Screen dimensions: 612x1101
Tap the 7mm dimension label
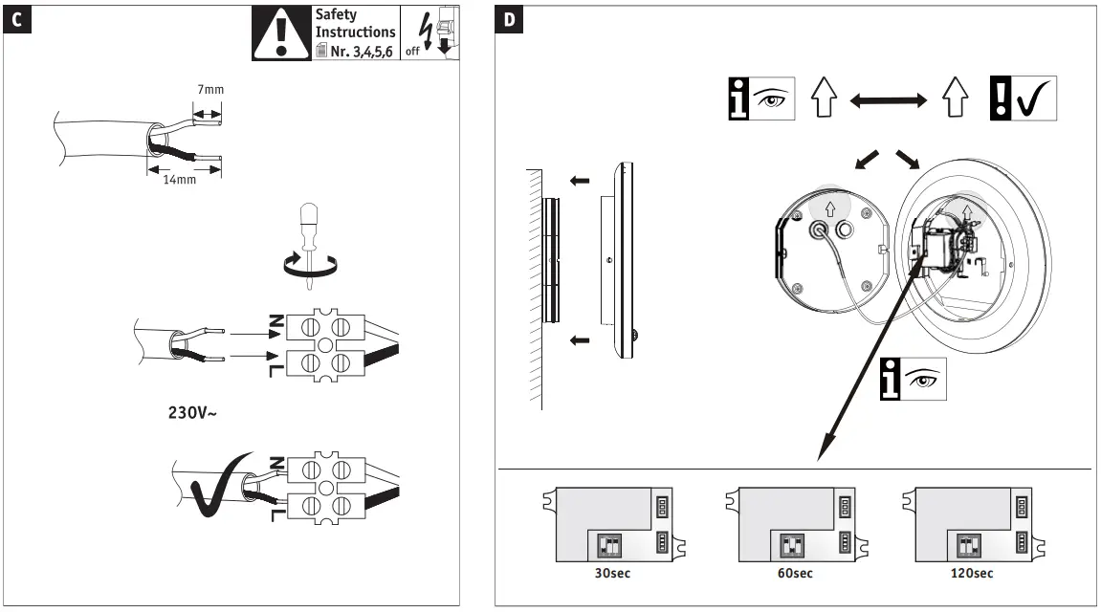210,90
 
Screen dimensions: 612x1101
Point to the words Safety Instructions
355,24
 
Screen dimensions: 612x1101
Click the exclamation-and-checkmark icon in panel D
1023,98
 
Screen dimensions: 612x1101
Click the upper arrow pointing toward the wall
579,179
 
